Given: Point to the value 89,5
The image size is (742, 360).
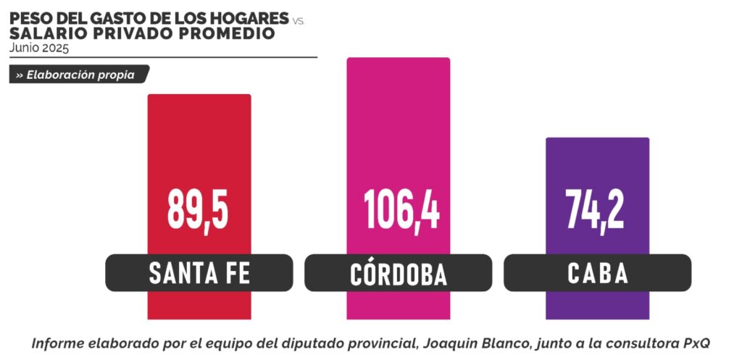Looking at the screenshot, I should pyautogui.click(x=199, y=209).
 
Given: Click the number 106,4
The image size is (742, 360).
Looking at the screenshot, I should pyautogui.click(x=401, y=209).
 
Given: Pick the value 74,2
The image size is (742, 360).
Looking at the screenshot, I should pyautogui.click(x=596, y=209).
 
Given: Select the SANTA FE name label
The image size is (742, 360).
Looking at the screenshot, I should pyautogui.click(x=199, y=273).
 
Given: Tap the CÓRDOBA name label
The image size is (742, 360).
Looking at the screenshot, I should pyautogui.click(x=398, y=273).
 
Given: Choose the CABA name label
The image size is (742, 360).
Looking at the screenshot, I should pyautogui.click(x=597, y=273).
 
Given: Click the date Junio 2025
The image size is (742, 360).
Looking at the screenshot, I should pyautogui.click(x=39, y=49).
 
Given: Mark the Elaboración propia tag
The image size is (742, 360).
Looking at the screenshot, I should pyautogui.click(x=79, y=75).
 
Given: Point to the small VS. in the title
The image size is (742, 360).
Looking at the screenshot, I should pyautogui.click(x=299, y=22).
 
